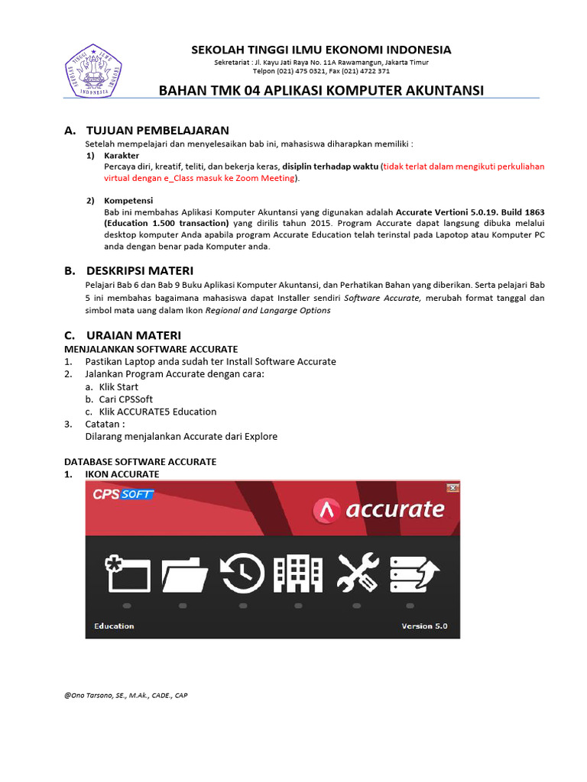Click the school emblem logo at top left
pyautogui.click(x=95, y=71)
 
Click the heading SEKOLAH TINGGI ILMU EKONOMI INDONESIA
pyautogui.click(x=321, y=50)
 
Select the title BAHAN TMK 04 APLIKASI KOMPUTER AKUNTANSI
pyautogui.click(x=321, y=91)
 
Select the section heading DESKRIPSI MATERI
pyautogui.click(x=150, y=270)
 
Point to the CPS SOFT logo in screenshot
pyautogui.click(x=122, y=494)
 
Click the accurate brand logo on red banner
pyautogui.click(x=380, y=509)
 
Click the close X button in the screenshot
pyautogui.click(x=452, y=488)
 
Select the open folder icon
pyautogui.click(x=184, y=574)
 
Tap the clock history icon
pyautogui.click(x=242, y=574)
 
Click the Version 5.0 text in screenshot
pyautogui.click(x=424, y=626)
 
